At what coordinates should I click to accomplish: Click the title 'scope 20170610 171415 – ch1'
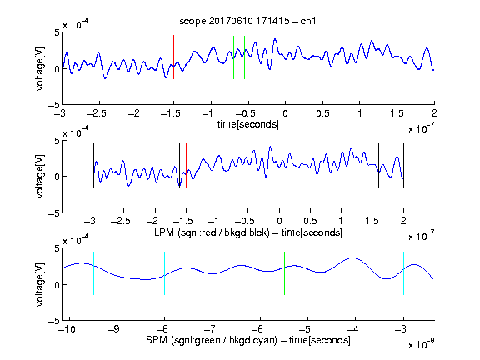coord(247,21)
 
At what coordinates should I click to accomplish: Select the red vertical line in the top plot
coord(173,57)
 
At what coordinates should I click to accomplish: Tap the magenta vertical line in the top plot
coord(397,57)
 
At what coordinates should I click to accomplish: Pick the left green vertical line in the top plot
coord(233,57)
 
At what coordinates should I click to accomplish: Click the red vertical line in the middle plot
coord(186,165)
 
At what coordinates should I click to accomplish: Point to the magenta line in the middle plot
coord(372,165)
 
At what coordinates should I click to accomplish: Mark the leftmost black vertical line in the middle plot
coord(93,165)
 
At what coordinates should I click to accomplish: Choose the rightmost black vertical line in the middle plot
coord(403,165)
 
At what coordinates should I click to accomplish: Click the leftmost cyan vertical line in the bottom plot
coord(93,273)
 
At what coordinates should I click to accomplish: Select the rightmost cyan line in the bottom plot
coord(403,273)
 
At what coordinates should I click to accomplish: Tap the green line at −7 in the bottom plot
coord(212,273)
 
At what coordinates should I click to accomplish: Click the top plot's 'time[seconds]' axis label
coord(248,124)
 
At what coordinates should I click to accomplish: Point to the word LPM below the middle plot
coord(164,232)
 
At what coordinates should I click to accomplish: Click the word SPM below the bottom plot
coord(157,340)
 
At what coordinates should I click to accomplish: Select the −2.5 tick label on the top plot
coord(97,113)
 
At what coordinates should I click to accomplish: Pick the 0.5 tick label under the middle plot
coord(310,221)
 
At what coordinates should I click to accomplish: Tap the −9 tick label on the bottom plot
coord(114,329)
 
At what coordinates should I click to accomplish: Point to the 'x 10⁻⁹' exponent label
coord(421,344)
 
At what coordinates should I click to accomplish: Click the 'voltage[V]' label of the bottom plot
coord(40,284)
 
